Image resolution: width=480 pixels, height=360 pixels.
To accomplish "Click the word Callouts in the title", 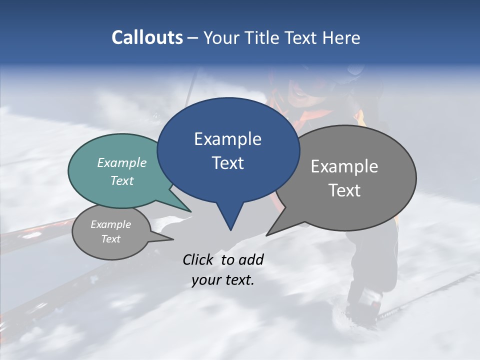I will click(147, 37).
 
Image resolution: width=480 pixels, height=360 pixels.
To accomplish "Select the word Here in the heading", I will click(341, 37).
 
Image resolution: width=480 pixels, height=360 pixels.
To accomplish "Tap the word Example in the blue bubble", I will click(227, 139).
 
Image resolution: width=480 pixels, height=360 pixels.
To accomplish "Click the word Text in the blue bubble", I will click(227, 163).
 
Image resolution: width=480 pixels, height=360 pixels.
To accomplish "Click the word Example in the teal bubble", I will click(122, 162).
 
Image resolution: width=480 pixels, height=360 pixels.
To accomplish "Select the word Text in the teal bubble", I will click(122, 180).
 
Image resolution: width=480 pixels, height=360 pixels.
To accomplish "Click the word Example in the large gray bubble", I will click(344, 166).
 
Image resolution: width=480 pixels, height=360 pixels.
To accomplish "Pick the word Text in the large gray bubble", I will click(344, 190).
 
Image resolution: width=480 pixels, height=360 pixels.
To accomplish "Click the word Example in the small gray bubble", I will click(111, 224).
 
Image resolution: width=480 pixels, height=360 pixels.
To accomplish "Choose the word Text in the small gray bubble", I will click(111, 239).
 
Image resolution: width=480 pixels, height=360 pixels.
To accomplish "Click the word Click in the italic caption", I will click(199, 259).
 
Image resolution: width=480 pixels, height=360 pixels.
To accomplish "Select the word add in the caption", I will click(251, 259).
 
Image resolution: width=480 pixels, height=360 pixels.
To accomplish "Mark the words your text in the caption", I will click(223, 280).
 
